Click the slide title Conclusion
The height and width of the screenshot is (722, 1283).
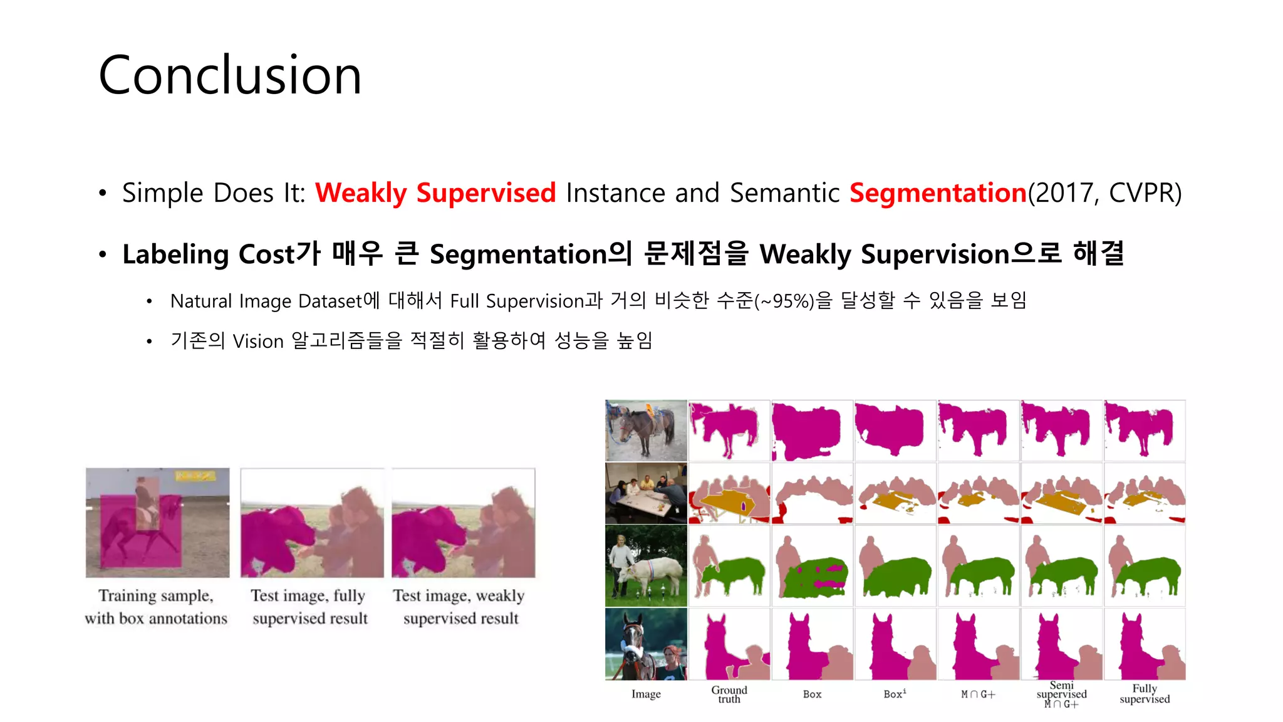point(230,75)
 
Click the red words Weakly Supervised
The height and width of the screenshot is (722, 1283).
point(435,192)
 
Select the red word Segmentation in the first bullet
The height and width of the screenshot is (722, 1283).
point(938,192)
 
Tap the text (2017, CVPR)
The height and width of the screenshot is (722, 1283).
point(1105,192)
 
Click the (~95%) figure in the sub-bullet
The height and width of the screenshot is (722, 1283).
point(784,301)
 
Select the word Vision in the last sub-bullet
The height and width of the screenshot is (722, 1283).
point(258,341)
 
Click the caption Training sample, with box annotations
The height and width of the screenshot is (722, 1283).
point(156,607)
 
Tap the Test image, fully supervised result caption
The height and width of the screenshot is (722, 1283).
point(309,607)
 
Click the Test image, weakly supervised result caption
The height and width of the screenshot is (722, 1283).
point(460,607)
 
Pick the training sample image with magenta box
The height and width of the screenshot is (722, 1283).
point(157,522)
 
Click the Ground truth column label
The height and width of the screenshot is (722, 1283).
point(729,694)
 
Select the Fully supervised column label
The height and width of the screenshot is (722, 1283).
point(1145,694)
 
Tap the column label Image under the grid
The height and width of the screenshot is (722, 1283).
point(646,694)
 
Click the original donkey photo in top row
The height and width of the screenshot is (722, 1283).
point(646,431)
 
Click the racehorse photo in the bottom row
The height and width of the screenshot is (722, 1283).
point(646,644)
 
